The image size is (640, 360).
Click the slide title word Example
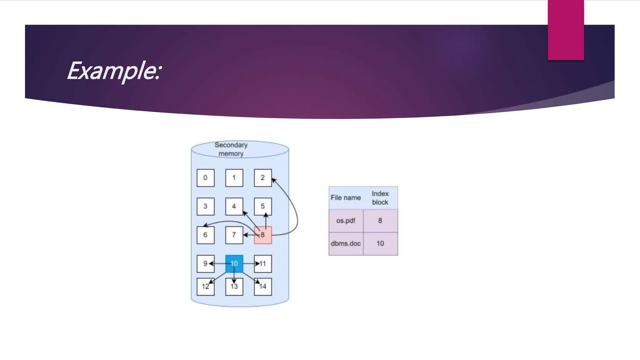114,71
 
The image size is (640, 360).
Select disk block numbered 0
205,178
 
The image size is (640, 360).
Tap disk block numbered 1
234,178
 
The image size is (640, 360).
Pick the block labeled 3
205,206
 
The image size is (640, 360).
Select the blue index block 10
234,263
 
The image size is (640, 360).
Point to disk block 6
205,235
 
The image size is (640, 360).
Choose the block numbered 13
234,287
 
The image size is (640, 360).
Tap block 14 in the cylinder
263,287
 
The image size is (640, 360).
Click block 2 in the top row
263,178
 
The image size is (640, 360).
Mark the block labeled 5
263,206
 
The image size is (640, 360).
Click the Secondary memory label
231,149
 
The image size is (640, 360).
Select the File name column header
346,198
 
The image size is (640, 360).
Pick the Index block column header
380,198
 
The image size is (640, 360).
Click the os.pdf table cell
346,221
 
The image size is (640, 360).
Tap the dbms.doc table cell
346,243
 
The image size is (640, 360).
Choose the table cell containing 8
380,221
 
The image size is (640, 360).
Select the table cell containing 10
380,243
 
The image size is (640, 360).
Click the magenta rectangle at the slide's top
566,30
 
